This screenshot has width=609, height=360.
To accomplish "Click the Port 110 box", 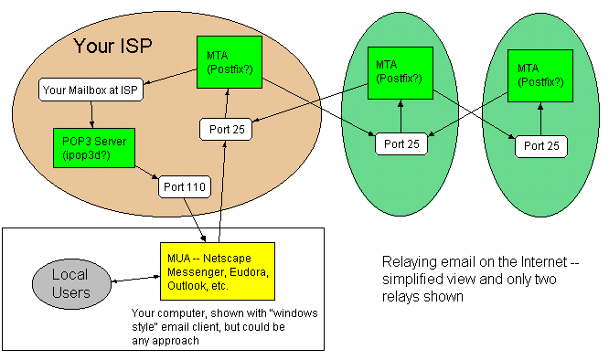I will [186, 187].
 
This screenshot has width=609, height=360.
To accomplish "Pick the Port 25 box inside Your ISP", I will [225, 129].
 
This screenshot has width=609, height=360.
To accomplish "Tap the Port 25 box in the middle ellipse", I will [401, 143].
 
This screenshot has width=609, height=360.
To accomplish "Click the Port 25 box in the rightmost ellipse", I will [540, 145].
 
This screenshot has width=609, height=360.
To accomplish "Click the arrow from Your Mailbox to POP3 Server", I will [92, 114].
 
